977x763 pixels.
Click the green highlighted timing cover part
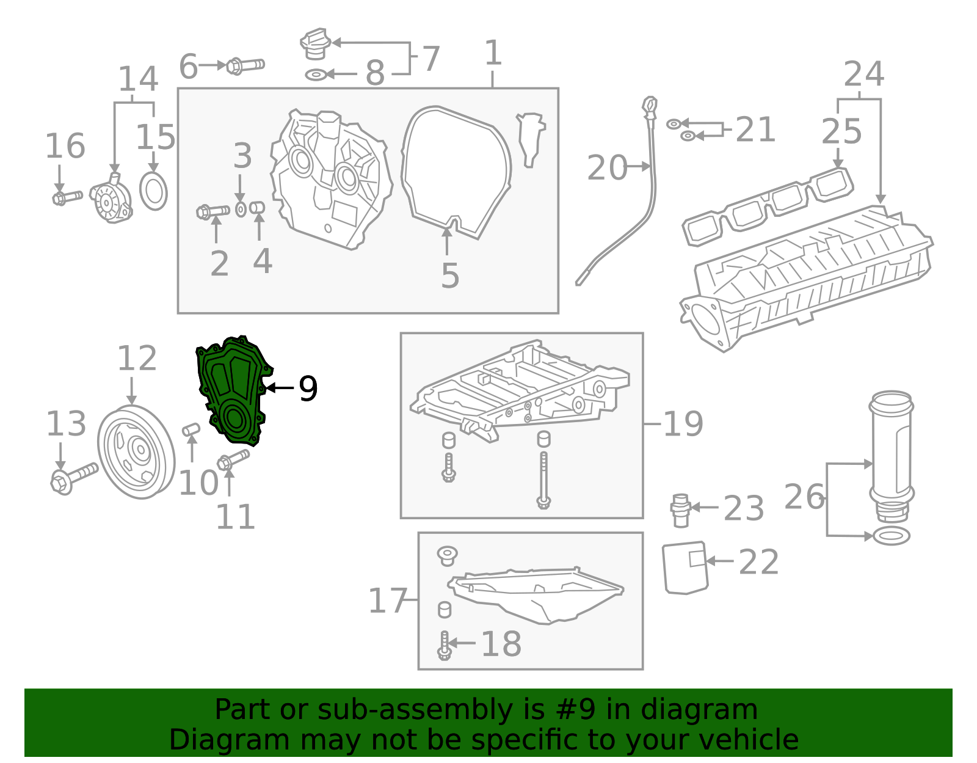point(232,391)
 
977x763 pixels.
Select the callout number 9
point(308,389)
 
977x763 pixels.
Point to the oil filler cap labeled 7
point(315,44)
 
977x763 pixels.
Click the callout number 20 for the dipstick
point(606,168)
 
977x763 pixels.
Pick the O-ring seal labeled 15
point(153,191)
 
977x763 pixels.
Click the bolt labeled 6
point(245,65)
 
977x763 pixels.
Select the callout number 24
point(863,75)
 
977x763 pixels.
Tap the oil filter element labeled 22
point(685,568)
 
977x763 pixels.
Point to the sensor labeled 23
point(680,510)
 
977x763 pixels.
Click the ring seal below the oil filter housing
point(892,536)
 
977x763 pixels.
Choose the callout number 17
point(388,601)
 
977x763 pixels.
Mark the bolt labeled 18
point(444,645)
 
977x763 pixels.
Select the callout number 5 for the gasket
point(450,276)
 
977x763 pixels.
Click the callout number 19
point(683,424)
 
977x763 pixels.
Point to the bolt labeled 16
point(67,197)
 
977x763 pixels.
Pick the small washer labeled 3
point(241,210)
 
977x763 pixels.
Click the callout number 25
point(841,132)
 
